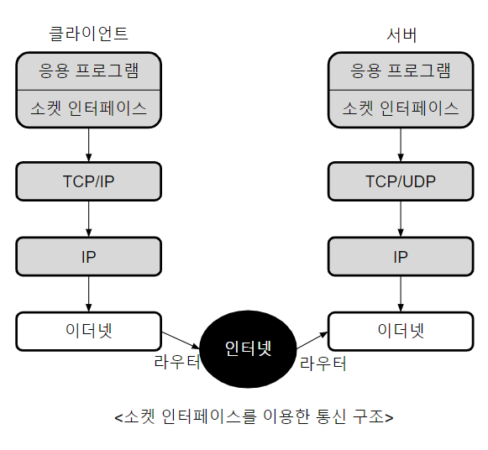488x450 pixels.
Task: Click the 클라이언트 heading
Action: point(89,34)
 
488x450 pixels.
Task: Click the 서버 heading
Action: point(401,34)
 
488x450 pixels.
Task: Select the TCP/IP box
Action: point(89,181)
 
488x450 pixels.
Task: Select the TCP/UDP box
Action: point(401,181)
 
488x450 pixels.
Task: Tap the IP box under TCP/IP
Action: point(89,257)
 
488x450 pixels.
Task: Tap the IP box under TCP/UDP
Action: point(401,257)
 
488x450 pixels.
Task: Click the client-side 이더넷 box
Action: point(89,332)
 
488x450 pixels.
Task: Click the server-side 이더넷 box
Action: point(401,332)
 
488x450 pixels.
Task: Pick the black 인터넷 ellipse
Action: point(248,349)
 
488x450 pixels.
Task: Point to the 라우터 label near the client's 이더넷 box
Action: point(177,362)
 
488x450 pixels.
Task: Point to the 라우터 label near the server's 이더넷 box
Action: point(323,364)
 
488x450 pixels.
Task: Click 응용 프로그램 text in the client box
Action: point(89,71)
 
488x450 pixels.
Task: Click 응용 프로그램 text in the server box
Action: point(401,71)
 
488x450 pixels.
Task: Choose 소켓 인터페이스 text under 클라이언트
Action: point(89,108)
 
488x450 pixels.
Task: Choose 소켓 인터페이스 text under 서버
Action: point(401,108)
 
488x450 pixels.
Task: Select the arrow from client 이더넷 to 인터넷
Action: point(181,340)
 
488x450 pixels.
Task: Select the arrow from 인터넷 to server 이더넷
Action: point(312,340)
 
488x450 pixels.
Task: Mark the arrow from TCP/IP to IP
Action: point(89,219)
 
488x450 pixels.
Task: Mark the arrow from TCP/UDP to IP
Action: point(401,219)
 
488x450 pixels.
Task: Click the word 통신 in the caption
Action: point(331,416)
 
